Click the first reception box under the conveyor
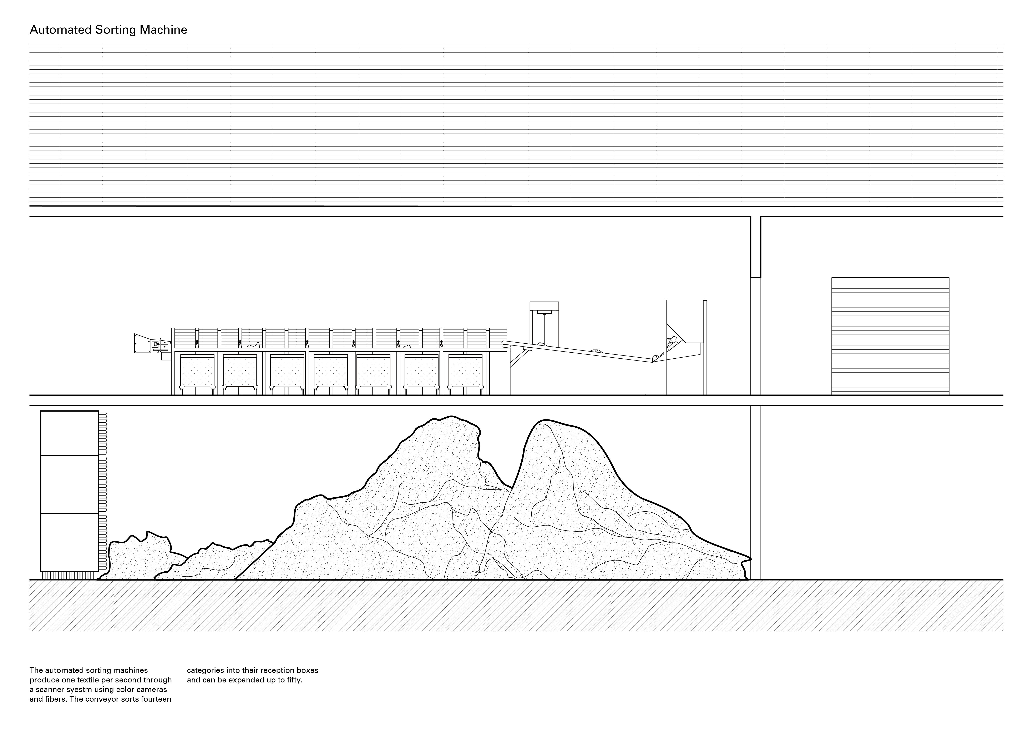197,370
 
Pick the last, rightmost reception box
465,370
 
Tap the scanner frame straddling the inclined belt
544,324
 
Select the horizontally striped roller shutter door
890,336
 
